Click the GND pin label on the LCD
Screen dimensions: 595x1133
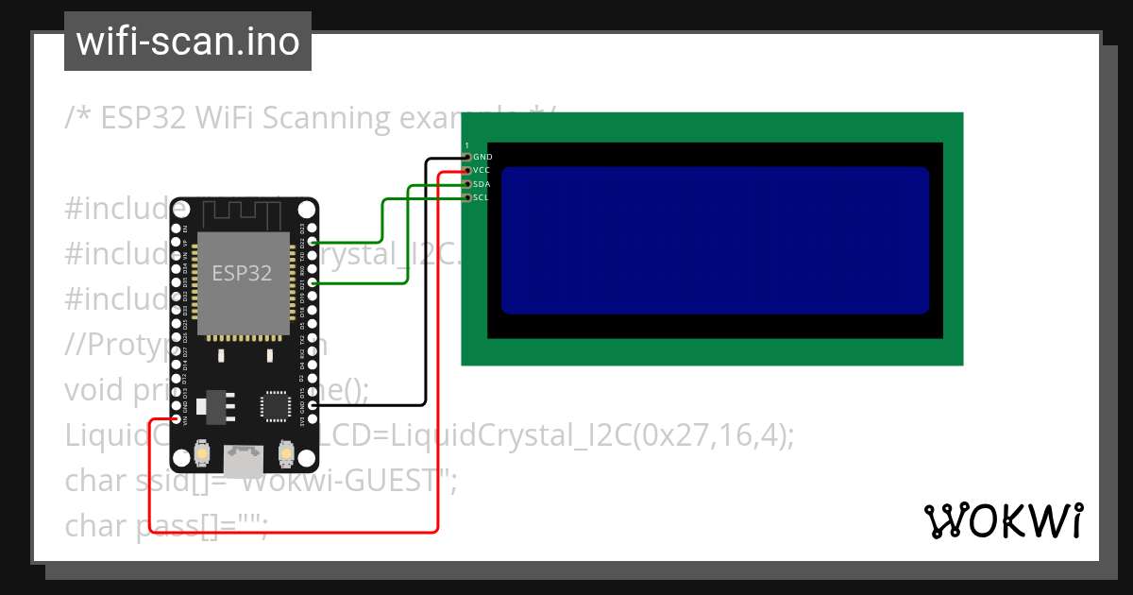pos(482,157)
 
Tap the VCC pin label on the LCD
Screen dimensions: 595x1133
pos(482,170)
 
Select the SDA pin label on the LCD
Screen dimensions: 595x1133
pos(482,184)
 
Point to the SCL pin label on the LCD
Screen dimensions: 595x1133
pos(482,197)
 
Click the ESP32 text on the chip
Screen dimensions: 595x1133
pos(242,274)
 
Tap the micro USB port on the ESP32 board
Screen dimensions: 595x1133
pos(243,460)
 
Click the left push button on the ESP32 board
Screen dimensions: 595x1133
pos(201,455)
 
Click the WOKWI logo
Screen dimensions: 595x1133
pos(1003,520)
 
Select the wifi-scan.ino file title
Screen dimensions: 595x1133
pos(188,42)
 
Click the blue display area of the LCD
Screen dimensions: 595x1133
pos(715,240)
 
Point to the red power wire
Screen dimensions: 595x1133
pos(437,378)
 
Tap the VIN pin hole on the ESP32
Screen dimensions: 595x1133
pos(176,418)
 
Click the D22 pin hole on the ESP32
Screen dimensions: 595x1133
pos(313,242)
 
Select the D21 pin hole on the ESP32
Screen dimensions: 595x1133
pos(313,282)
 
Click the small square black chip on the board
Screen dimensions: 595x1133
pos(276,405)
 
